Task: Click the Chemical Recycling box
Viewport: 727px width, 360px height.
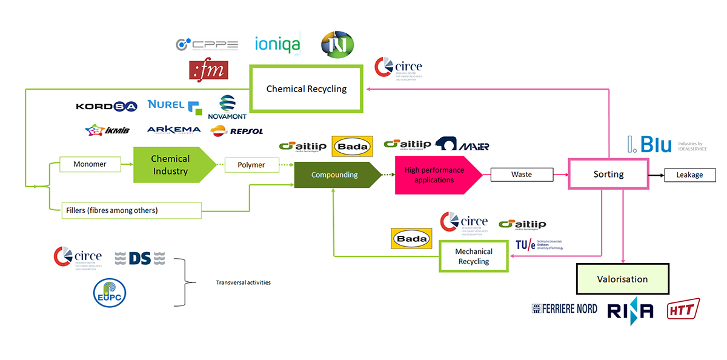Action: pyautogui.click(x=306, y=89)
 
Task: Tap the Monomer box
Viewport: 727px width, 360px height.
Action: pyautogui.click(x=90, y=164)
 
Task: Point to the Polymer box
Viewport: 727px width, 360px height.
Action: pyautogui.click(x=251, y=165)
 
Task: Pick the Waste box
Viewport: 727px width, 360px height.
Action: pyautogui.click(x=521, y=175)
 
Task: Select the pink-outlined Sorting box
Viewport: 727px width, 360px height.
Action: pyautogui.click(x=608, y=174)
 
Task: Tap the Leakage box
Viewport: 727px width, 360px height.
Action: pyautogui.click(x=689, y=175)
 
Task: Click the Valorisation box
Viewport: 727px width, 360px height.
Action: pyautogui.click(x=622, y=279)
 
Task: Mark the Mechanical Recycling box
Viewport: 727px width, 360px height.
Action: pyautogui.click(x=474, y=256)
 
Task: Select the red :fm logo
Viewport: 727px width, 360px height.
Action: pyautogui.click(x=208, y=70)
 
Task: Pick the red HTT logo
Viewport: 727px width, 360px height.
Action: pyautogui.click(x=683, y=309)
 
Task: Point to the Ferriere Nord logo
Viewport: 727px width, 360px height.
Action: pyautogui.click(x=564, y=309)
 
